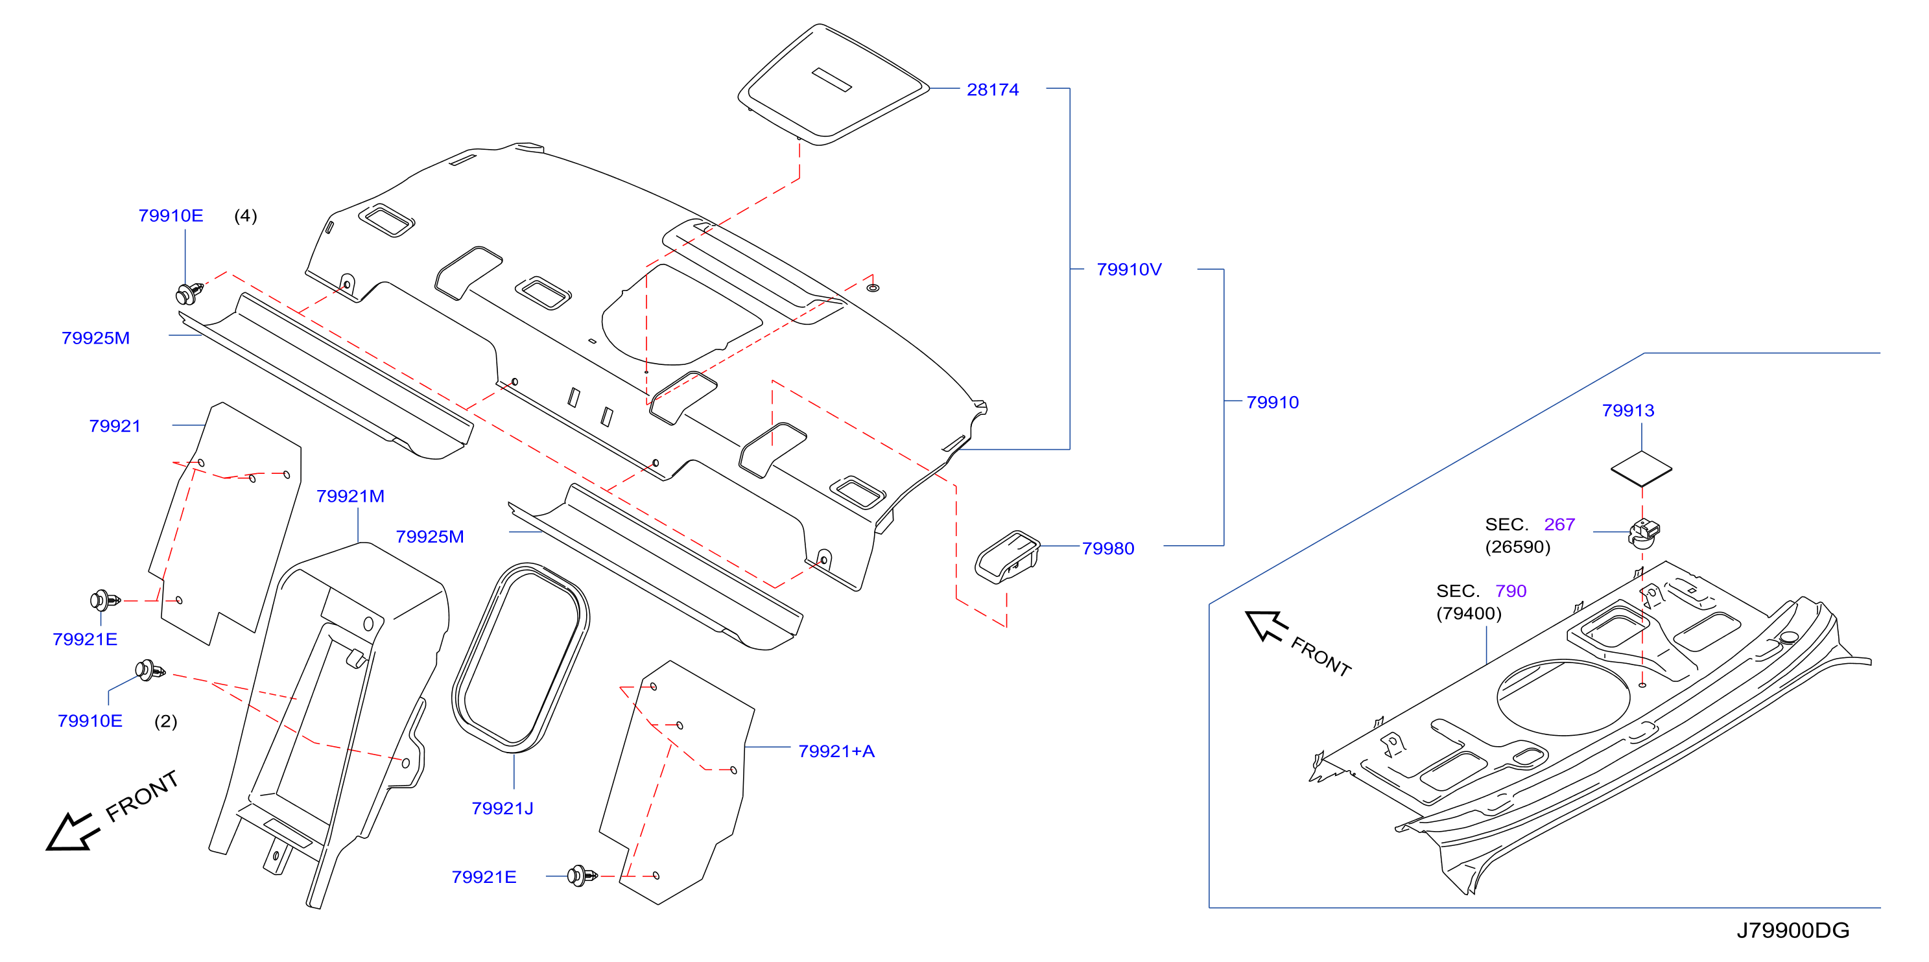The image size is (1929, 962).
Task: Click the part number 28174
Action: pyautogui.click(x=992, y=90)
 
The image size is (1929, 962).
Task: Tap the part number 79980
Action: pyautogui.click(x=1107, y=549)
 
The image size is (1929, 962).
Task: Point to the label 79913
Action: pyautogui.click(x=1628, y=411)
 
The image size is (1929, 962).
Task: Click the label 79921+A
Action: pyautogui.click(x=836, y=751)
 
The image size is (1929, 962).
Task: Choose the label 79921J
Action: pyautogui.click(x=502, y=808)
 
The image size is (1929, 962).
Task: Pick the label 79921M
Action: pyautogui.click(x=349, y=497)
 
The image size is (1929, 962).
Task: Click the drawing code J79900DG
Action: pyautogui.click(x=1793, y=930)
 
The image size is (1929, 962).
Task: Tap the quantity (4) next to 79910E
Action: pyautogui.click(x=246, y=216)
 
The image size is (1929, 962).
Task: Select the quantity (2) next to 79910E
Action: pyautogui.click(x=165, y=721)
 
